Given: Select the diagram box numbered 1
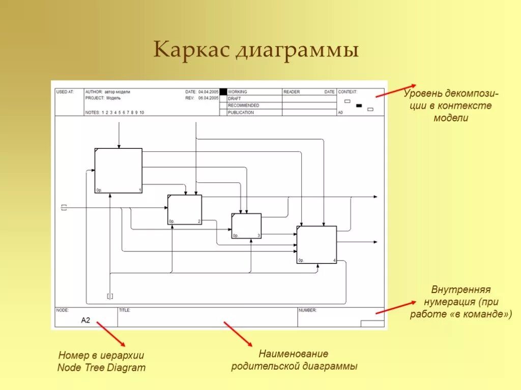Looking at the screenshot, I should click(118, 171).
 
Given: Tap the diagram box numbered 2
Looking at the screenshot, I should click(185, 210).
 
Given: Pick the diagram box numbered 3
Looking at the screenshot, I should click(246, 226).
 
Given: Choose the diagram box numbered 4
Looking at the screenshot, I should click(316, 245).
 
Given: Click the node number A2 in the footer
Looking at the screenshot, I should click(85, 320).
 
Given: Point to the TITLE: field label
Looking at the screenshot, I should click(125, 310).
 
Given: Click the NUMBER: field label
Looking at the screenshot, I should click(308, 310).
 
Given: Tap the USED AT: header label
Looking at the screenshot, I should click(65, 92).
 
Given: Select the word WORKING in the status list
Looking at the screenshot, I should click(238, 92).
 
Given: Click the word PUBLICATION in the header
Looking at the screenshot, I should click(241, 113).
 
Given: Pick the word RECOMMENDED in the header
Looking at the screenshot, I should click(243, 106).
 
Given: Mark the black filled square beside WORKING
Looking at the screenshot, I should click(223, 92).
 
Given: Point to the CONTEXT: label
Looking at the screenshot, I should click(348, 92).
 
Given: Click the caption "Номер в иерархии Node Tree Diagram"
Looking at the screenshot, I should click(101, 362).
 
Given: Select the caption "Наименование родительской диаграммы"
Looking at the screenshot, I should click(294, 360).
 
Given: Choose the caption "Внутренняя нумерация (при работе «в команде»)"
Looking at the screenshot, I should click(461, 302).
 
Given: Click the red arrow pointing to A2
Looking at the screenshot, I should click(110, 333).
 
